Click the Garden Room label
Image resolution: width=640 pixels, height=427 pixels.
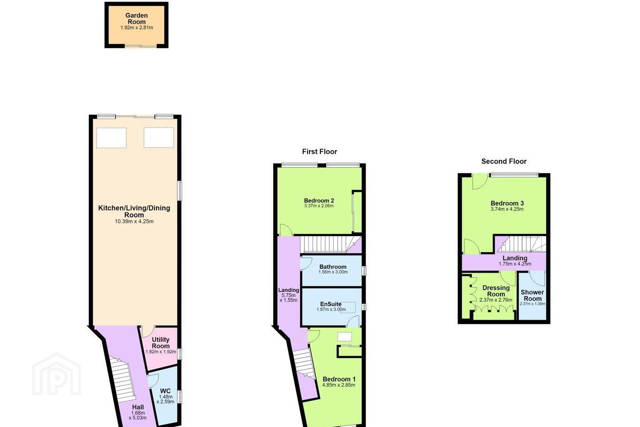tap(136, 19)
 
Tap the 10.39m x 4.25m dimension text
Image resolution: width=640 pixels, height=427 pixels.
tap(134, 222)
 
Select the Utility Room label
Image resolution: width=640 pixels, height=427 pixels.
tap(160, 342)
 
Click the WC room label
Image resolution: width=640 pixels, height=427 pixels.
tap(165, 391)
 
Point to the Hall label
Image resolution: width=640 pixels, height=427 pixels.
tap(138, 407)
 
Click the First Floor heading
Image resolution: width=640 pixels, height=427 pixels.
tap(320, 152)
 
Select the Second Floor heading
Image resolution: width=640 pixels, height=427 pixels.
tap(504, 161)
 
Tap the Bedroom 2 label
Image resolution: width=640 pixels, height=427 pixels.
tap(319, 201)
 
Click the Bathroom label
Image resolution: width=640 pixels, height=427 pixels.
tap(333, 267)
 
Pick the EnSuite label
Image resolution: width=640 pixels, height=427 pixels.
tap(331, 304)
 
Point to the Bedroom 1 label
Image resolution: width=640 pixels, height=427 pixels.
tap(339, 379)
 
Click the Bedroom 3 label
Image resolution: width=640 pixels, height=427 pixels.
tap(507, 203)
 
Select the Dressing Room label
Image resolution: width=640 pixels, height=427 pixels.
tap(496, 291)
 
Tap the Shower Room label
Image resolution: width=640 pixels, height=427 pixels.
tap(532, 295)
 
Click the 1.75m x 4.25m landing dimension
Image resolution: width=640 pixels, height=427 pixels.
tap(515, 264)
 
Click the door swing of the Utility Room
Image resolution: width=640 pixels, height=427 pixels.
tap(148, 332)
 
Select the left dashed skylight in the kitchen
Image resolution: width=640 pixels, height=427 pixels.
tap(112, 138)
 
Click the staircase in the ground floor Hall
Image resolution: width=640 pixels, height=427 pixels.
tap(122, 379)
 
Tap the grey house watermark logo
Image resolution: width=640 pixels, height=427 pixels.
tap(56, 375)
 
